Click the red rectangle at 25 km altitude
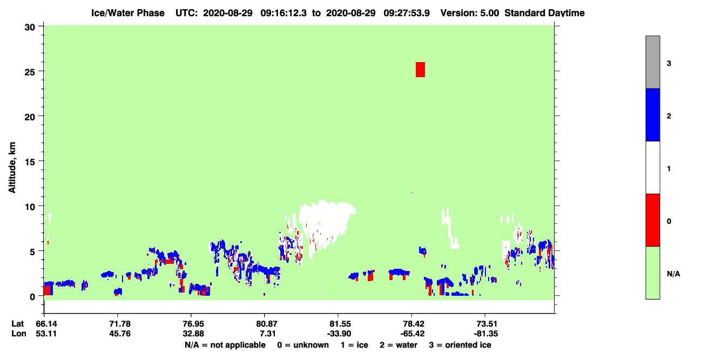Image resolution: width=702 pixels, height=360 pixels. point(420,70)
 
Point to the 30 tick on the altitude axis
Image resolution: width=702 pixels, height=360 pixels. point(40,26)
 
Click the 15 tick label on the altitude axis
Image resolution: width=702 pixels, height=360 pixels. point(30,162)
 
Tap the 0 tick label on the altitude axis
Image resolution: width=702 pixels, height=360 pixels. point(32,297)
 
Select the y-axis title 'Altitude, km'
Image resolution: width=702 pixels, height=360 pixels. point(12,168)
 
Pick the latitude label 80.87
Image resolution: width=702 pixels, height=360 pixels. point(267,324)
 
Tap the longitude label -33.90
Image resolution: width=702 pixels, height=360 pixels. point(339,334)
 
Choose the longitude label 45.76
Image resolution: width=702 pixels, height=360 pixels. point(120,334)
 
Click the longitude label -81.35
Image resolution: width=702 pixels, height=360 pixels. point(486,334)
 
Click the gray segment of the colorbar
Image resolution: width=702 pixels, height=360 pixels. point(652,62)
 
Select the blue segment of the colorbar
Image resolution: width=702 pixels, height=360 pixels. point(652,114)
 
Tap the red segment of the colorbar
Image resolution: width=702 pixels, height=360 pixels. point(652,220)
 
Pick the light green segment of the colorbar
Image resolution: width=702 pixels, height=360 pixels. point(652,273)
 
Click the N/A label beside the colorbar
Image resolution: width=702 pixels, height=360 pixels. point(673,274)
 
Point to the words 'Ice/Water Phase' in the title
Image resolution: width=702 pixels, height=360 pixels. point(128,13)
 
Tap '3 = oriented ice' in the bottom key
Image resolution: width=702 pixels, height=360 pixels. point(460,345)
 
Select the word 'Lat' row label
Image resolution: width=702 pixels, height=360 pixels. point(18,324)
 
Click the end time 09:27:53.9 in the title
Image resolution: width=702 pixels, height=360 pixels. point(407,13)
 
